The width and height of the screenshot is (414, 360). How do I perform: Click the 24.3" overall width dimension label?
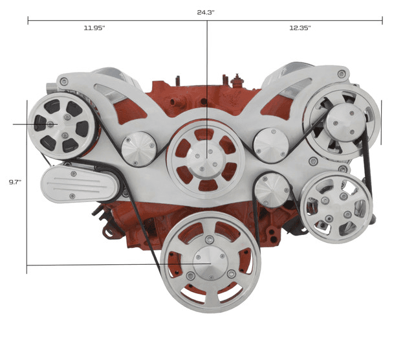206,12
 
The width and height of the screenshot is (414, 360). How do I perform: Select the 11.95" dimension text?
94,28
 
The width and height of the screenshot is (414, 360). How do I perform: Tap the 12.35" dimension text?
300,28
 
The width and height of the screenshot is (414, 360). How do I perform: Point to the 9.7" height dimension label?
15,183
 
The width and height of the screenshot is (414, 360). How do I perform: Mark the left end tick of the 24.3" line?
28,21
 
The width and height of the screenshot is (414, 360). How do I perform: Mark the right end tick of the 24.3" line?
382,21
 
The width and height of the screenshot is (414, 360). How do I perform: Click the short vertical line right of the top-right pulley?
381,122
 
